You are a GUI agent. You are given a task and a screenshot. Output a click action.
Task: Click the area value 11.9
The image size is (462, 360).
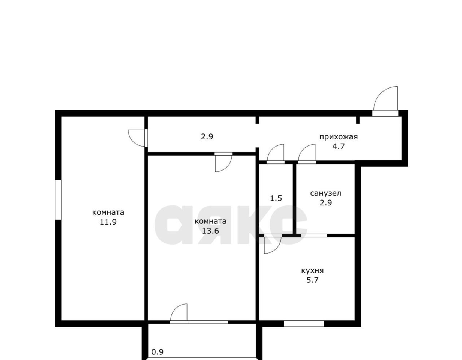coord(108,222)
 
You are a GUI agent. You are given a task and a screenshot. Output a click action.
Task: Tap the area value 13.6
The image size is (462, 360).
coord(210,231)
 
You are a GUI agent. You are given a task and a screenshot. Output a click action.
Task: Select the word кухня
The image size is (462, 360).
coord(312,271)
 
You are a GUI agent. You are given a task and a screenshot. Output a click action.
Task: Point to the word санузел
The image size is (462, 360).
coord(326,193)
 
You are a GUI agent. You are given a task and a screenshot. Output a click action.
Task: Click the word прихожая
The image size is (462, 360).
coord(339,137)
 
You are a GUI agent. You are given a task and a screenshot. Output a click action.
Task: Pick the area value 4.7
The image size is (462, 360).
coord(339,147)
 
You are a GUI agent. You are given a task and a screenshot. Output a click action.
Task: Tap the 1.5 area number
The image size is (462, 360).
coord(276,198)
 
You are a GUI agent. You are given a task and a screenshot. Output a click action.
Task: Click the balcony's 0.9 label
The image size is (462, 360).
coord(157,352)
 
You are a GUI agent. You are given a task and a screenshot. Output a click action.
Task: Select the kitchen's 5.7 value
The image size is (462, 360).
coord(312,280)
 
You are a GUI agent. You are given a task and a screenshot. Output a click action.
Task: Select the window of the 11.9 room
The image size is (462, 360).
coord(58,200)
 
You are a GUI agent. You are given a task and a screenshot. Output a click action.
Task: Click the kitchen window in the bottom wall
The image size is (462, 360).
coord(304,324)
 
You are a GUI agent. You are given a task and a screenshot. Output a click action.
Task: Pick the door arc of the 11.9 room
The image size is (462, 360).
coord(133,141)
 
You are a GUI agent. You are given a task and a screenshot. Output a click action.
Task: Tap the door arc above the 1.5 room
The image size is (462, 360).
coord(273,149)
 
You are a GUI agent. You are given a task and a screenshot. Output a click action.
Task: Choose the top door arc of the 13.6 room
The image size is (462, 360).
coord(227,167)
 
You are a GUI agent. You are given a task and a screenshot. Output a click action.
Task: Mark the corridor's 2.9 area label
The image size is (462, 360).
coord(207,136)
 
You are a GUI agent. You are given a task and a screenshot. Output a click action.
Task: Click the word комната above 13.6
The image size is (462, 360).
coord(210,222)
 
